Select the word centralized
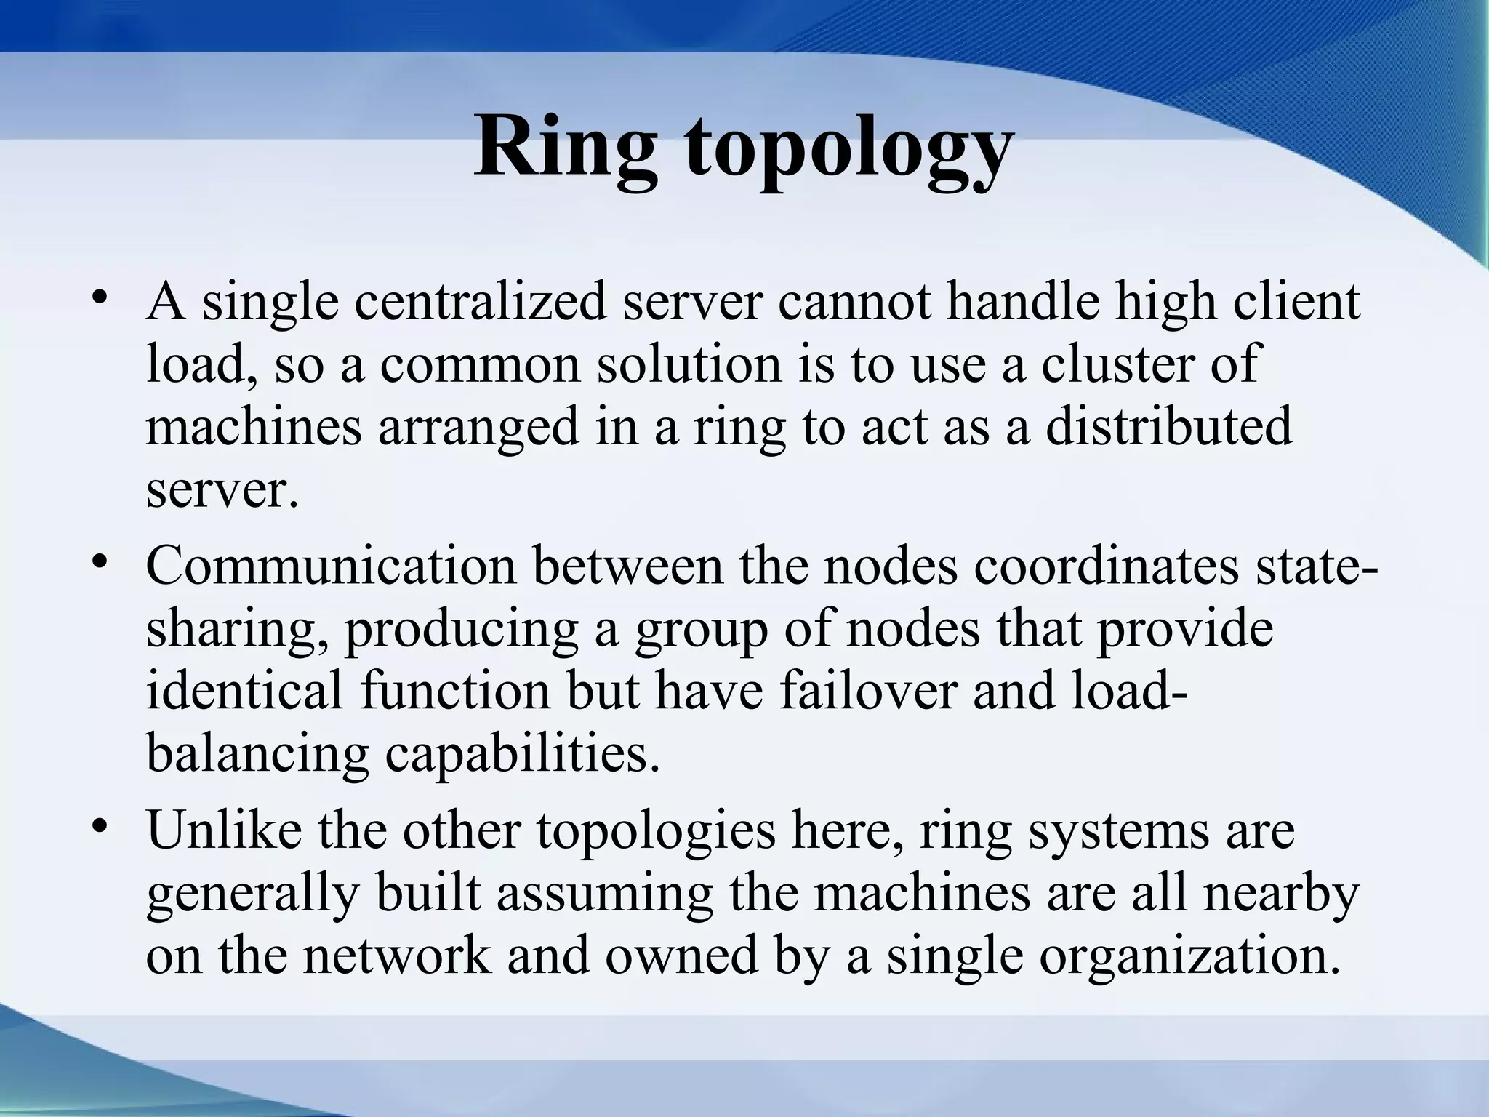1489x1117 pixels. tap(480, 303)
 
